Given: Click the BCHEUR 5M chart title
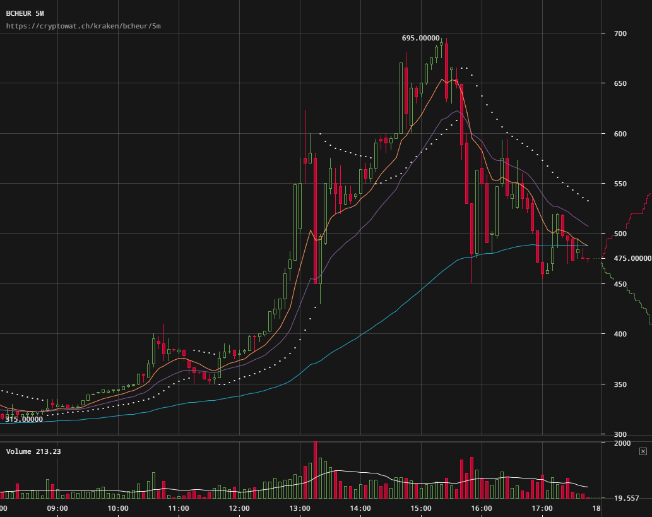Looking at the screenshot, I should coord(25,13).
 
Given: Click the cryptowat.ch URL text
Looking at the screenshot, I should coord(83,26).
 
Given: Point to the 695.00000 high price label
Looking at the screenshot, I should coord(421,38).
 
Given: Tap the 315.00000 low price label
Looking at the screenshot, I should coord(24,419).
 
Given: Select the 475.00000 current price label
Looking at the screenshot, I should coord(631,258).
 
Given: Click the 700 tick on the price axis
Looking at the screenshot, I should coord(620,33).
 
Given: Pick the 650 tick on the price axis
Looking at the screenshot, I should coord(620,83).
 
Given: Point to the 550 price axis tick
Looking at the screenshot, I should coord(620,184).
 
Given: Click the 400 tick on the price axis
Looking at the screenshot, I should coord(620,334).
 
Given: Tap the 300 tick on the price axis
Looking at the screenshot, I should coord(620,434).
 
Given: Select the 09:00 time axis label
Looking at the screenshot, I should coord(57,508).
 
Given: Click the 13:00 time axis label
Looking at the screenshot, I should coord(300,508).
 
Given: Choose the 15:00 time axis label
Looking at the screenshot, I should coord(421,508).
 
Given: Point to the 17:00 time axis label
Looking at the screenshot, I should coord(542,508).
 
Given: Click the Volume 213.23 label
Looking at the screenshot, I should coord(33,451).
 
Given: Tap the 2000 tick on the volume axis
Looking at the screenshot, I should coord(622,444).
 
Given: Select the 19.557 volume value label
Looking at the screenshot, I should coord(626,498).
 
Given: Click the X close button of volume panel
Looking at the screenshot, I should coord(643,451).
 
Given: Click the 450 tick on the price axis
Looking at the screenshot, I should coord(620,284).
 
